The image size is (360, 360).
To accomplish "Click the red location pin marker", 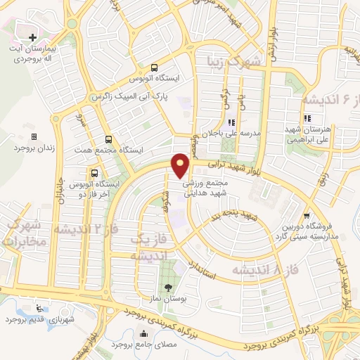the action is pyautogui.click(x=181, y=165).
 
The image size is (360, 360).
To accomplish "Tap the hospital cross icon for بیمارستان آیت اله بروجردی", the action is pyautogui.click(x=32, y=37).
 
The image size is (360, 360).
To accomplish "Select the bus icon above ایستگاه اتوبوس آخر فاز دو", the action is pyautogui.click(x=94, y=173).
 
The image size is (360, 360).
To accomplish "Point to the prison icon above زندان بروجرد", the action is pyautogui.click(x=33, y=137).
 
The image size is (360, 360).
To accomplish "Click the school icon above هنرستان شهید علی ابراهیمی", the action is pyautogui.click(x=307, y=119).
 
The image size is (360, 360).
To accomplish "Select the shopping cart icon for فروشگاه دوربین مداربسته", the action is pyautogui.click(x=306, y=216).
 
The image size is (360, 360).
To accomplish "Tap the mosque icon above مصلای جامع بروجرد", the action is pyautogui.click(x=144, y=334).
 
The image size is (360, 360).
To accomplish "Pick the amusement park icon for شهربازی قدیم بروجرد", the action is pyautogui.click(x=37, y=307).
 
